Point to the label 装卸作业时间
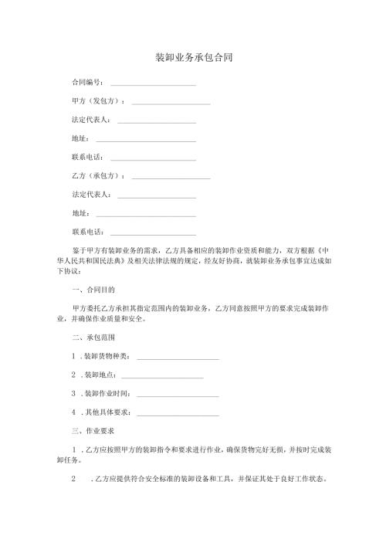tap(107, 393)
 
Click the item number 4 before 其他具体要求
tap(73, 412)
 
